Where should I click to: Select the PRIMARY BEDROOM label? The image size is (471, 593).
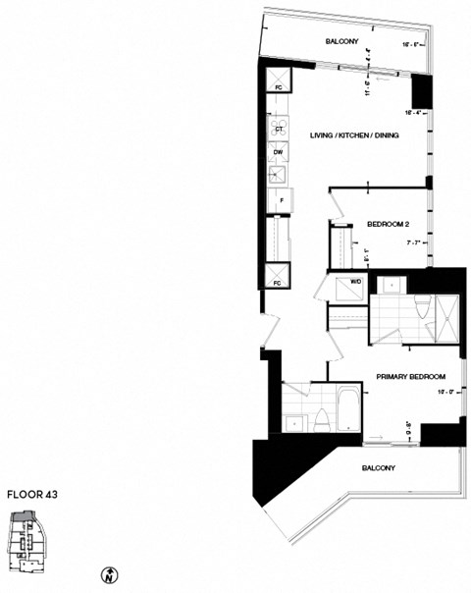pos(411,377)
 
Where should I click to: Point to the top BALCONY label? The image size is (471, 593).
pos(342,41)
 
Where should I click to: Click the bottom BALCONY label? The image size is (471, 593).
pos(378,468)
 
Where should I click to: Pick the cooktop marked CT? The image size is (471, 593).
pos(278,129)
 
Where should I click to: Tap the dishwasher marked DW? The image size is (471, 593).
pos(278,151)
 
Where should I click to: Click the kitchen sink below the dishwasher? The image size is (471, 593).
pos(279,175)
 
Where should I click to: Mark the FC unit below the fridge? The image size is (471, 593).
pos(278,275)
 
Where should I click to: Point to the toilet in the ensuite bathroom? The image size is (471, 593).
pos(421,308)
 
